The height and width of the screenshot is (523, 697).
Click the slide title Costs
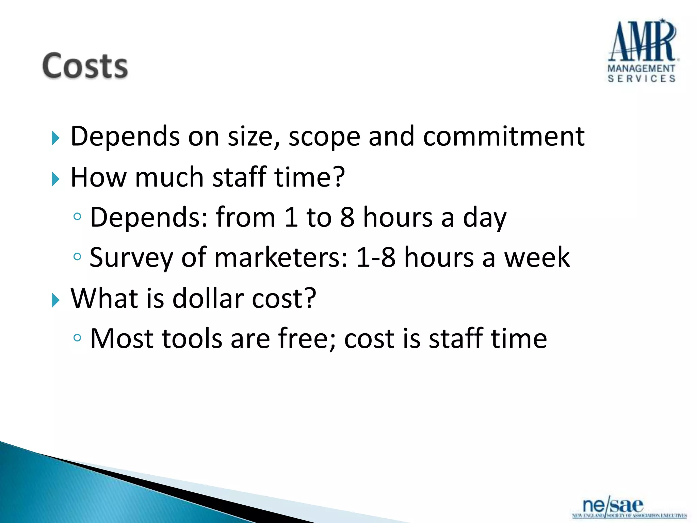point(85,66)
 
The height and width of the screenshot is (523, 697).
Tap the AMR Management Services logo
point(642,51)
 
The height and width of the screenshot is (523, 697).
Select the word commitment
point(504,137)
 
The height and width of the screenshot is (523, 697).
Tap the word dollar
point(208,299)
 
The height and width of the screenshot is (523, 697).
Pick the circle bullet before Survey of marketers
point(77,256)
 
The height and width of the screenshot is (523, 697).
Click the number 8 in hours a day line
point(347,217)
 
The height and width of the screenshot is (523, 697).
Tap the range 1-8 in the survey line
point(375,257)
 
